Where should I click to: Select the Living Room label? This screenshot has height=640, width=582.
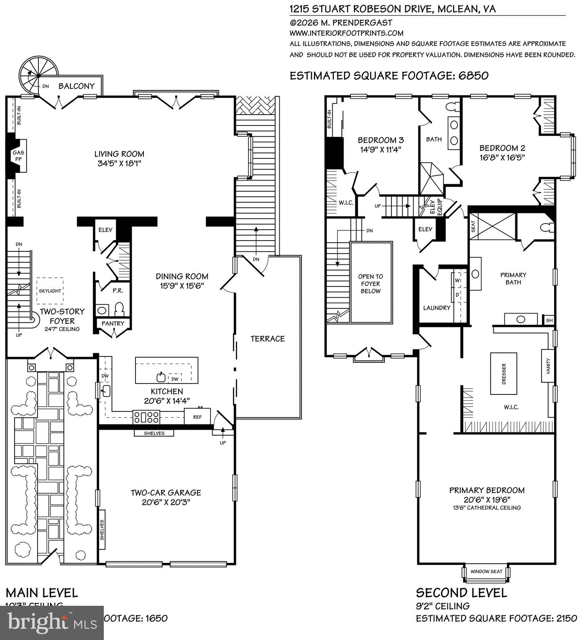coord(119,154)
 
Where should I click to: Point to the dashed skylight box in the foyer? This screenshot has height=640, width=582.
coord(50,291)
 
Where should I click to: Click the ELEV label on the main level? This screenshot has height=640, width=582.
coord(105,230)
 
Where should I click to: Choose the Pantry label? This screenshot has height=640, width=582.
coord(113,323)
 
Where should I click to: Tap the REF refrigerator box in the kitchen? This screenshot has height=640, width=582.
coord(198,417)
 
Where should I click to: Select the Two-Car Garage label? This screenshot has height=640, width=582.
coord(166,492)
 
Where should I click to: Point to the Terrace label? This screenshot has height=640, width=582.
coord(268,339)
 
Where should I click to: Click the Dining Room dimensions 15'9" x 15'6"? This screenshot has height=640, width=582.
coord(182,286)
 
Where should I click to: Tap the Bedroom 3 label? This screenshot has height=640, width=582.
coord(381,140)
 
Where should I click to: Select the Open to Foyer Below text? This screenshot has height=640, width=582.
coord(371,284)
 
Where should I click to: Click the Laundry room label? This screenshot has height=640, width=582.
coord(437,308)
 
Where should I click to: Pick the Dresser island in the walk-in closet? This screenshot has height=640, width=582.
coord(503,374)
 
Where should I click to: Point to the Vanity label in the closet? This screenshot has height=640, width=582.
coord(548,366)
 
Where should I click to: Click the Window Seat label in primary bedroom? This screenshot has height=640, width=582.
coord(486,571)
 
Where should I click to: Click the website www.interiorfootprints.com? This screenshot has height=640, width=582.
coord(346,33)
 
